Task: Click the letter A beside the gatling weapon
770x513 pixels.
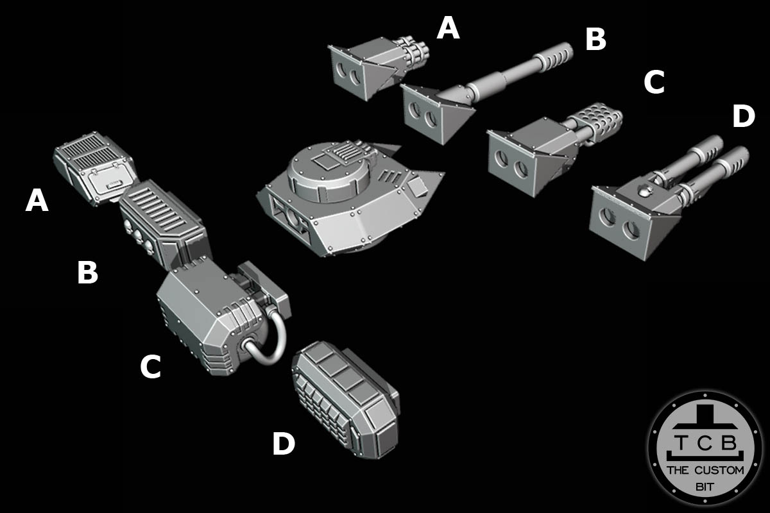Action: [x=448, y=29]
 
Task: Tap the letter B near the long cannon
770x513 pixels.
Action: [x=595, y=40]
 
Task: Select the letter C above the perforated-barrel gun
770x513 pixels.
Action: [x=654, y=83]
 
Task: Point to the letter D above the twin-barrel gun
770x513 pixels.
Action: [x=744, y=117]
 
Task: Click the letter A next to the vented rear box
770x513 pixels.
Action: [x=37, y=201]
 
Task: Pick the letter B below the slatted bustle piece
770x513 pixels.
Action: [x=87, y=273]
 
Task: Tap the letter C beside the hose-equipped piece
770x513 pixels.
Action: [x=150, y=367]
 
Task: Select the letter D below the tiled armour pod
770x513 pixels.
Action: [x=284, y=444]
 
